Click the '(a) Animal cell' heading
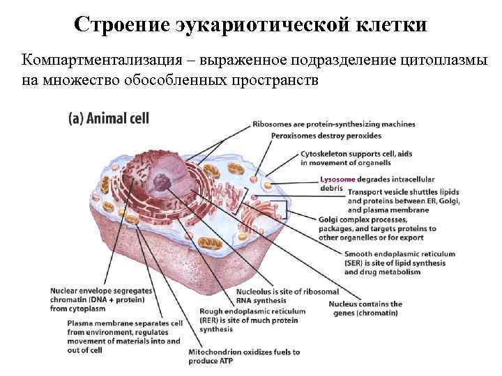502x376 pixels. [x=108, y=118]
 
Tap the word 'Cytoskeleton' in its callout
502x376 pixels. [x=324, y=154]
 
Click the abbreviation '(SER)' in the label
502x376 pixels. [x=356, y=263]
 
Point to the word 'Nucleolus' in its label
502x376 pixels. [x=255, y=292]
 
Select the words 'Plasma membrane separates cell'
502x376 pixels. [x=125, y=324]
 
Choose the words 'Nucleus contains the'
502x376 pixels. [x=365, y=304]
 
